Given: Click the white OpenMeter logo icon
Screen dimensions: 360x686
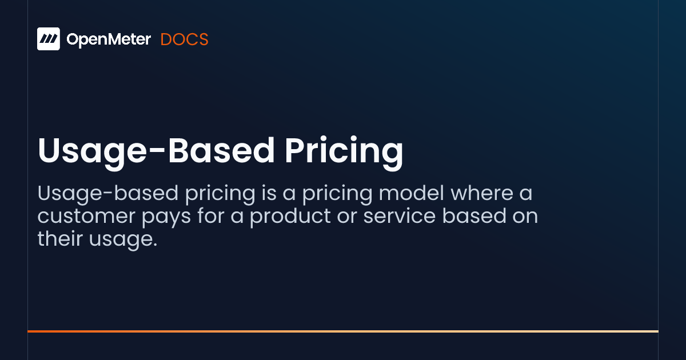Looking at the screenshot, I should [49, 39].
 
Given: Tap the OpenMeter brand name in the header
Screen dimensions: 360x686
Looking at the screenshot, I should [109, 39].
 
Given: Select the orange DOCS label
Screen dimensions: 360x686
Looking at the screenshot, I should [184, 39].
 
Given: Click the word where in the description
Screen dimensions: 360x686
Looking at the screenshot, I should [482, 193].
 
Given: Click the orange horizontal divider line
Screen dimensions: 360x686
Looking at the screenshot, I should [343, 331].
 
